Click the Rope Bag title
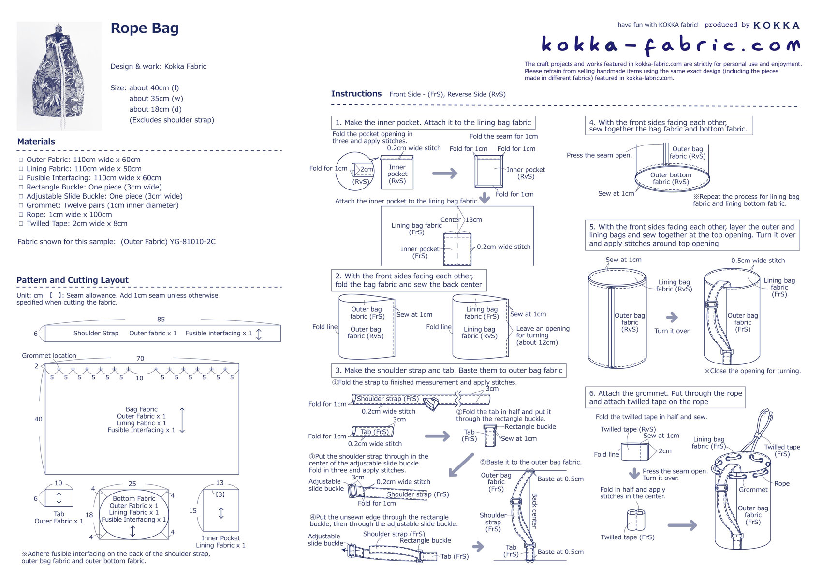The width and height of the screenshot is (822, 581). click(145, 29)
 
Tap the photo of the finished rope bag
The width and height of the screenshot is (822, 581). click(59, 76)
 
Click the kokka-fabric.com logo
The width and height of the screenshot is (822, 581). click(670, 45)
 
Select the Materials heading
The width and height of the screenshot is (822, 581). click(36, 142)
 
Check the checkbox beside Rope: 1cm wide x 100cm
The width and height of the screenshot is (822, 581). click(21, 215)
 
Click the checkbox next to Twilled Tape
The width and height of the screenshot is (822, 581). click(21, 224)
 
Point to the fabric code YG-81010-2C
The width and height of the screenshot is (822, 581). click(192, 242)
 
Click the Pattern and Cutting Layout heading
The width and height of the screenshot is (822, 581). click(73, 280)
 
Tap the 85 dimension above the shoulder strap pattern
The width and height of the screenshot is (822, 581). click(161, 320)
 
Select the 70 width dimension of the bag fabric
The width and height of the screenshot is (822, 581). click(140, 359)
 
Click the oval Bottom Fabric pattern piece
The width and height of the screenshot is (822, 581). click(133, 515)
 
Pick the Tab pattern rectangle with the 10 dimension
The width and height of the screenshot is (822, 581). click(59, 497)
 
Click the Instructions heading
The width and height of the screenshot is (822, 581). click(356, 94)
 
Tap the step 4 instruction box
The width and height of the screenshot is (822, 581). click(669, 126)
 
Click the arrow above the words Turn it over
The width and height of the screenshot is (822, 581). click(672, 318)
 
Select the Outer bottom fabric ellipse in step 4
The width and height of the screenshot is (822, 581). click(672, 179)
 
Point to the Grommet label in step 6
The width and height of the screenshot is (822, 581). click(753, 490)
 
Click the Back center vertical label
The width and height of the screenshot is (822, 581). click(534, 510)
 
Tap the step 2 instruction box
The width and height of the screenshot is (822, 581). click(409, 280)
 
